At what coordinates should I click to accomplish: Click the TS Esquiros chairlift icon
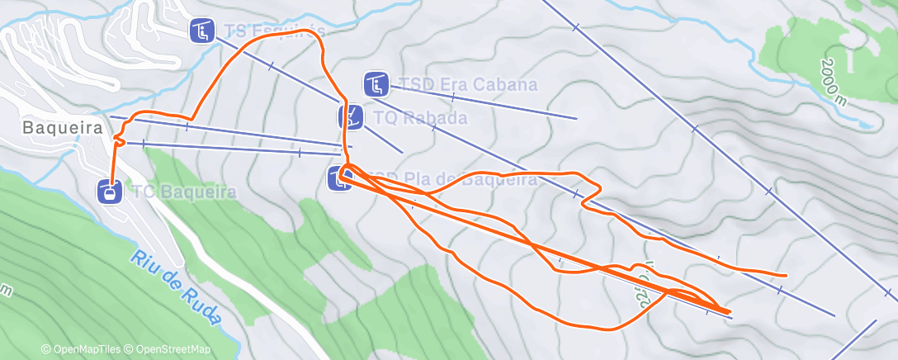201,31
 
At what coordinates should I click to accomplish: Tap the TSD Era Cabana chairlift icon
376,84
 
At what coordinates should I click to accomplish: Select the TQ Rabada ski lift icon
351,117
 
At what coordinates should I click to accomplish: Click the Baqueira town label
62,128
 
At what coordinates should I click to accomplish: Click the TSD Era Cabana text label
467,85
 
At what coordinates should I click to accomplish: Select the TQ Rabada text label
420,118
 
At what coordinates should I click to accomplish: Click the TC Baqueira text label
184,192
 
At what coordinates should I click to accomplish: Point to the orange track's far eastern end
785,274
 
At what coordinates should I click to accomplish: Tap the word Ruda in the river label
202,305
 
